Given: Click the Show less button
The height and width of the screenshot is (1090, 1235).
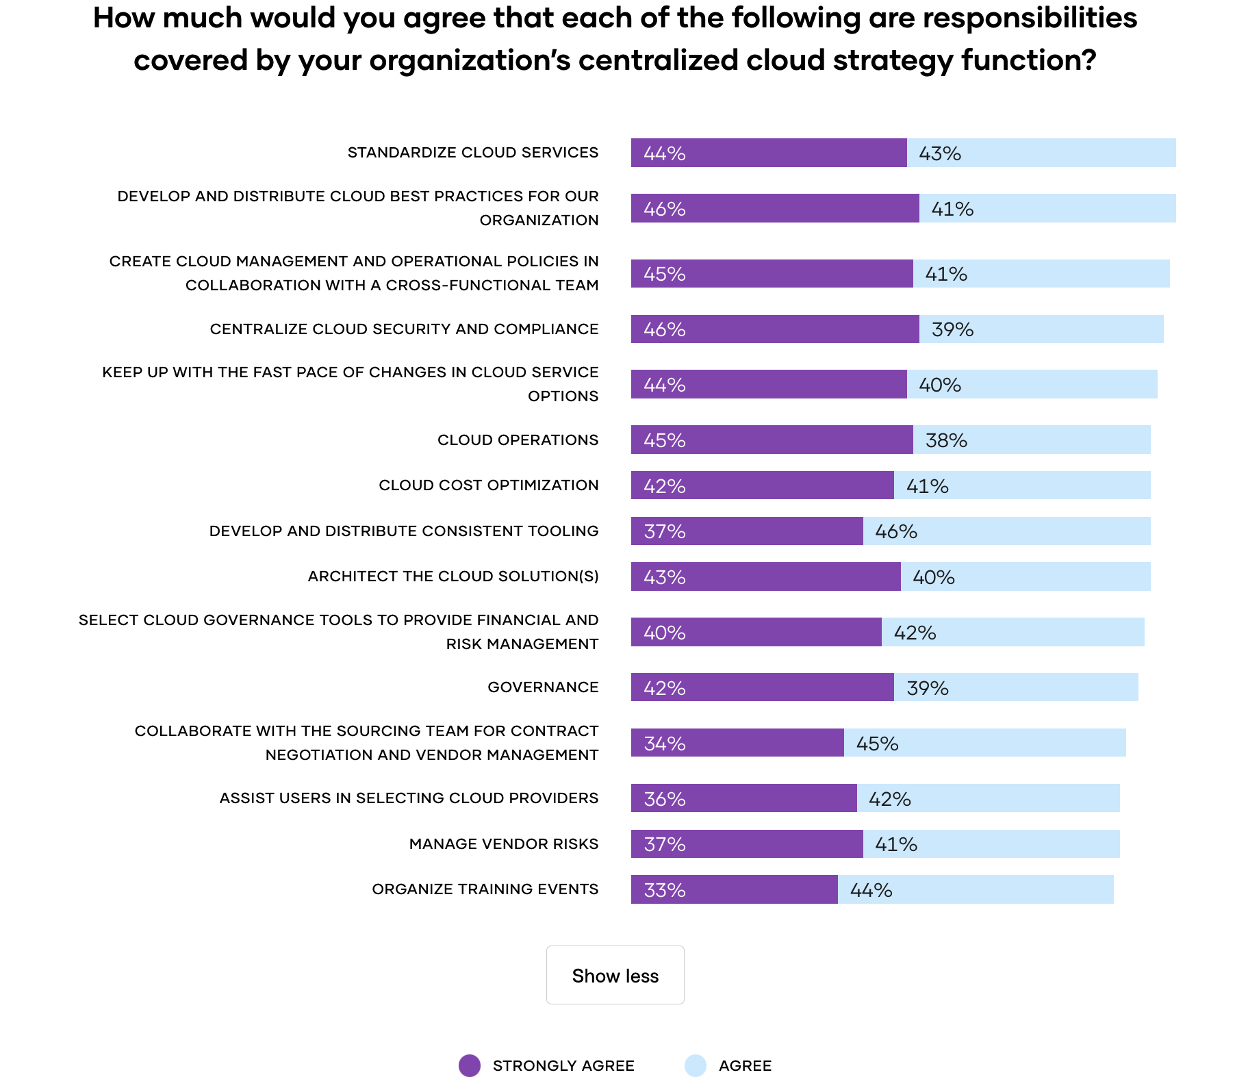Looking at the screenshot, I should [x=615, y=975].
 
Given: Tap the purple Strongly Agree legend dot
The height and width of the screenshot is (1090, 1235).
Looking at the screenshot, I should [x=470, y=1065].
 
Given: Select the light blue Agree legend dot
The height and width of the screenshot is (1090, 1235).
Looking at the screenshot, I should [x=695, y=1065].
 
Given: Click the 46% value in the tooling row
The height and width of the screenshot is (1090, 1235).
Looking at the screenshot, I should [x=895, y=531].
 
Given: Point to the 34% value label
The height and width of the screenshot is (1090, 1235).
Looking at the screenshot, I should [x=664, y=744].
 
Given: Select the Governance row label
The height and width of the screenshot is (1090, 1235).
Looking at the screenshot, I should [x=543, y=687].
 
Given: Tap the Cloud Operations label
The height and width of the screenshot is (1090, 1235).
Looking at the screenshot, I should [x=518, y=440].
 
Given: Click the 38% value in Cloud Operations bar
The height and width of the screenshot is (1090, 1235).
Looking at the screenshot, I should [x=946, y=440].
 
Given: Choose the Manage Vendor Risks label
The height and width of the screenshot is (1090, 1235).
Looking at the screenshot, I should [x=503, y=844].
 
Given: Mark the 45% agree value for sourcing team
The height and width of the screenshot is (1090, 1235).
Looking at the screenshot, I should [x=877, y=744].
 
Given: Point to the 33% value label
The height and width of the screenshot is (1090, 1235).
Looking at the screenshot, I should [x=664, y=890].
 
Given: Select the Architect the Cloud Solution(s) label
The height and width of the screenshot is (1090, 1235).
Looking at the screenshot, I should [x=453, y=576].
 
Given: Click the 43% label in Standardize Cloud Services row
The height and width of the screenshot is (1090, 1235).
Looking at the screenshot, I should [x=939, y=153].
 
